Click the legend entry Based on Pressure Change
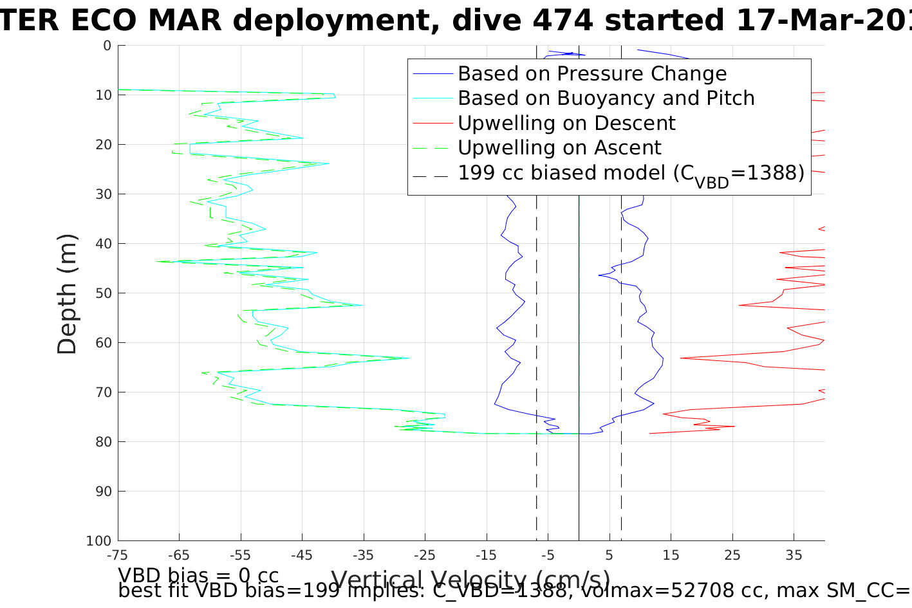point(592,74)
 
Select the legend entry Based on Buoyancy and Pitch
point(606,98)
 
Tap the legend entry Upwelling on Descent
point(566,123)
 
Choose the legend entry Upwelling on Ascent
point(559,148)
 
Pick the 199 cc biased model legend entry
point(631,173)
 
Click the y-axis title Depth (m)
point(67,293)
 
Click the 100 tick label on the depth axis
point(98,541)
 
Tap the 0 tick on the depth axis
point(107,46)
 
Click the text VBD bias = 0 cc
point(198,575)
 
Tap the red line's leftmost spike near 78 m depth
point(650,433)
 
